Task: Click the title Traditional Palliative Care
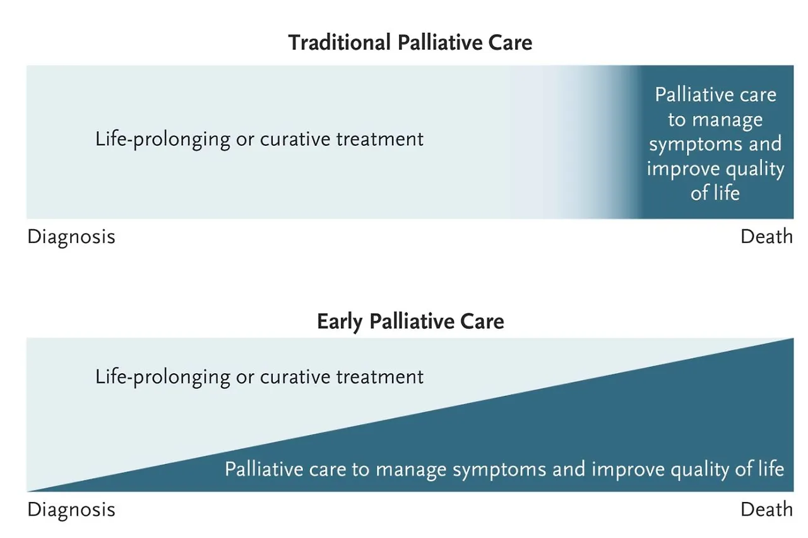pyautogui.click(x=410, y=43)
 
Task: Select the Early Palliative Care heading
pyautogui.click(x=410, y=321)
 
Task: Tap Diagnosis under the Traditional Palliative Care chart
pyautogui.click(x=71, y=237)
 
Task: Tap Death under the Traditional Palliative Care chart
pyautogui.click(x=766, y=237)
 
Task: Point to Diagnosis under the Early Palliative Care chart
pyautogui.click(x=71, y=510)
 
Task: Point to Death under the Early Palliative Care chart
pyautogui.click(x=766, y=510)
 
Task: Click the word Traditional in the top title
pyautogui.click(x=340, y=43)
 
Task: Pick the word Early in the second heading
pyautogui.click(x=340, y=321)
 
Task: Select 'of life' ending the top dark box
pyautogui.click(x=715, y=193)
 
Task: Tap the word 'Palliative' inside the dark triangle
pyautogui.click(x=260, y=470)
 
